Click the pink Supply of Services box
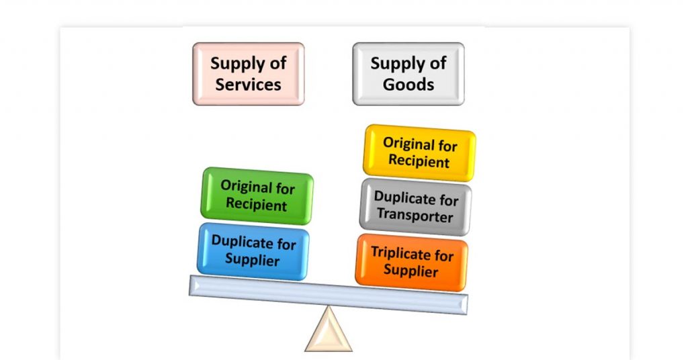(249, 74)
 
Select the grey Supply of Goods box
(408, 74)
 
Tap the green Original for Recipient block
(257, 195)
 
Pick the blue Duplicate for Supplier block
(253, 251)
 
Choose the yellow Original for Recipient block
(419, 152)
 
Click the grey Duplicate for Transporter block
(415, 207)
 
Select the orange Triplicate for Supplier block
(412, 262)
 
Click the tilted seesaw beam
(328, 295)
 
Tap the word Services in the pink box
(249, 84)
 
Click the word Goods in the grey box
(408, 84)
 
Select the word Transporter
(415, 216)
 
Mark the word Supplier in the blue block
(253, 259)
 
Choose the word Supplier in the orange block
(411, 270)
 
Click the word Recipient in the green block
(256, 204)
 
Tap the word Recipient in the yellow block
(419, 161)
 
